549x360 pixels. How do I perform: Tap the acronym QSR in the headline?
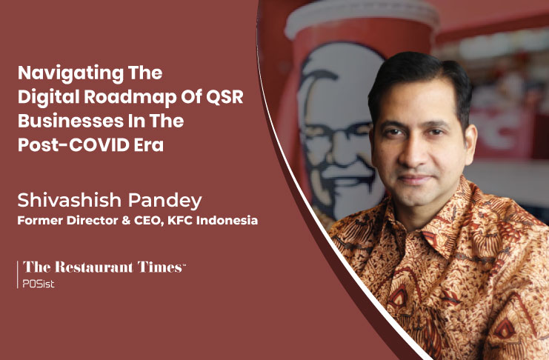coord(224,96)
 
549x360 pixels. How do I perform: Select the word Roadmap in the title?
coord(130,97)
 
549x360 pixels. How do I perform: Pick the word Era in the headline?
coord(149,144)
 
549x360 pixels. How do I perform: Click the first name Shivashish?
coord(70,200)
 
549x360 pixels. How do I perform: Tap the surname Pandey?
coord(165,201)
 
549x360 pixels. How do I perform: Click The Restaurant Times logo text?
coord(104,267)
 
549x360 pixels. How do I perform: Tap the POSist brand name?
coord(39,284)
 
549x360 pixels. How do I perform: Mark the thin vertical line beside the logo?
coord(18,274)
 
